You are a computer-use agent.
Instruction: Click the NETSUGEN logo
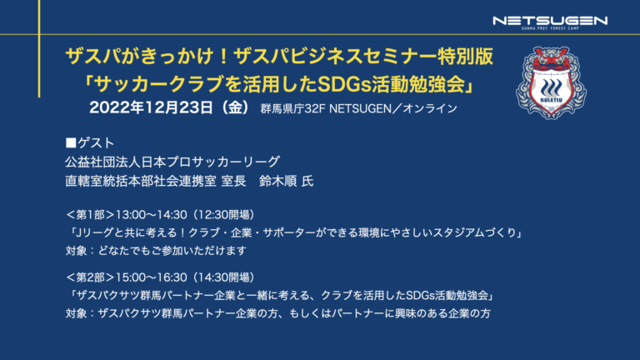pos(550,22)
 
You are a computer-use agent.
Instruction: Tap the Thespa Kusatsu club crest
pos(551,82)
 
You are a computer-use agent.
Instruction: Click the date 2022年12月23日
pos(151,107)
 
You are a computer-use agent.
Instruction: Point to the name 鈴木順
pos(278,181)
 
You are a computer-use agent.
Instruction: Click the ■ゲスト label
pos(90,142)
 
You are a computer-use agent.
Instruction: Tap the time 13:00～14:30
pos(152,215)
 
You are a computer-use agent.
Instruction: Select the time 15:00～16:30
pos(152,277)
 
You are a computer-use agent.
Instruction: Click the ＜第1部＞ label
pos(90,215)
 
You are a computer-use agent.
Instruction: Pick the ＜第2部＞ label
pos(90,277)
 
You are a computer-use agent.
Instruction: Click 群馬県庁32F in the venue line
pos(292,108)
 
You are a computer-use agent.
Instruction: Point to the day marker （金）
pos(233,107)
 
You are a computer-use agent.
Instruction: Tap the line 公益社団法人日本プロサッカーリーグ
pos(172,162)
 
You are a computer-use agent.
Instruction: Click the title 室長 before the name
pos(233,181)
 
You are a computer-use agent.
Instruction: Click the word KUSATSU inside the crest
pos(551,100)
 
